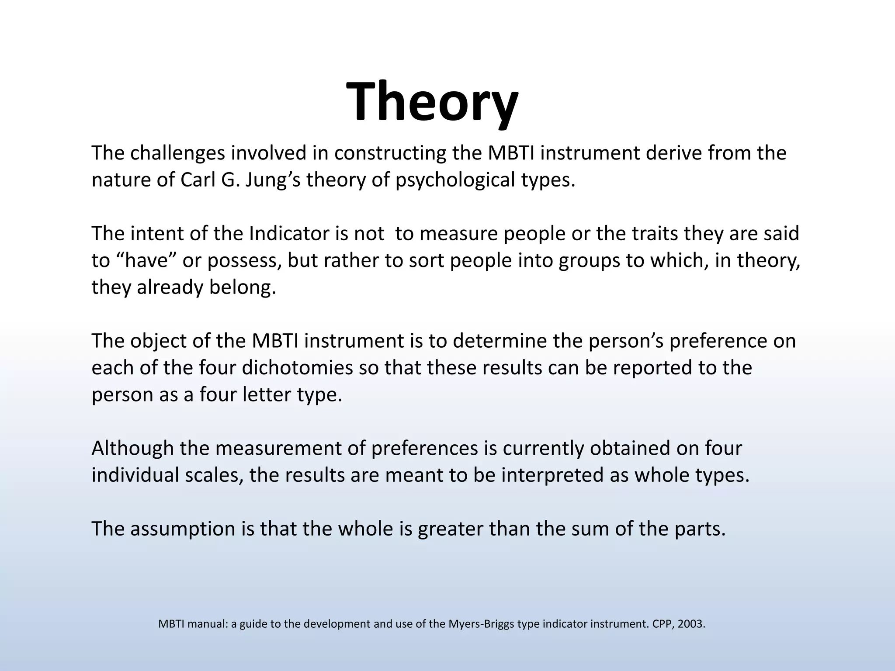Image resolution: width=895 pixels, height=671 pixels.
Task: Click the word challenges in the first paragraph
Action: (177, 153)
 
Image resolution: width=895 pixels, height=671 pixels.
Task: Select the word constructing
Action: (390, 153)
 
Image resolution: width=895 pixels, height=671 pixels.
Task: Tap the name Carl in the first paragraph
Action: (195, 180)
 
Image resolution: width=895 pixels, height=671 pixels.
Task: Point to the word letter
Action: (267, 394)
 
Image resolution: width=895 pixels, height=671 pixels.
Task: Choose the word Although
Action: (133, 448)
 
